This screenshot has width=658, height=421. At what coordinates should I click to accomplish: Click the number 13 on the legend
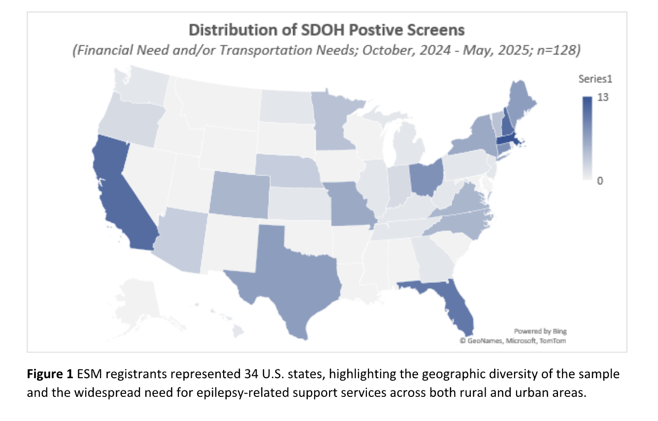[x=603, y=97]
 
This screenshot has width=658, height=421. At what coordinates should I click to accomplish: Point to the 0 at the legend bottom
[x=600, y=181]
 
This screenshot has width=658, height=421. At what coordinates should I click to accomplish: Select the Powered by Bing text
[x=540, y=331]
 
